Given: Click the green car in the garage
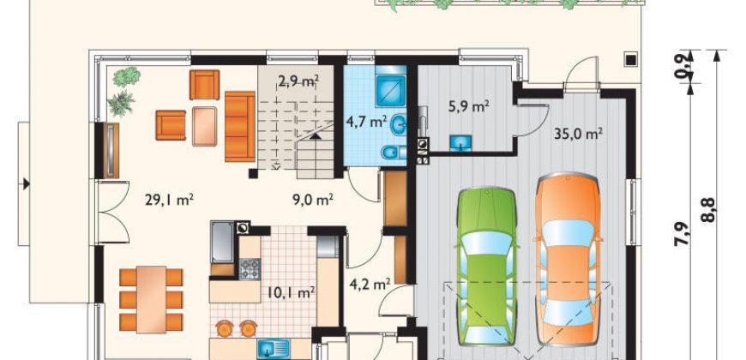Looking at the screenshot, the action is (487, 266).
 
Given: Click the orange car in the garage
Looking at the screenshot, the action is (568, 259).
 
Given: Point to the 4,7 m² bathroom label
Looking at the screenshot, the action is (366, 123).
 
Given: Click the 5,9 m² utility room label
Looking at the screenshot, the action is (469, 106).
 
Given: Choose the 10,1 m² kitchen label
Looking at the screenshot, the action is (290, 292).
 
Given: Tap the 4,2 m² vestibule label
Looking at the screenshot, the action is (370, 285).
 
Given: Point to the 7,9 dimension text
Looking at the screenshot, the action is (683, 234).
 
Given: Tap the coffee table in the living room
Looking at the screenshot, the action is (205, 126).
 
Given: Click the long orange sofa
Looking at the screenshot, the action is (240, 127).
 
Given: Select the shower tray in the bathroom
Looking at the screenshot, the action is (391, 90).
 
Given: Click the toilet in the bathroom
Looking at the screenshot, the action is (394, 153).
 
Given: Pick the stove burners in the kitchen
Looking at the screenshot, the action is (250, 269).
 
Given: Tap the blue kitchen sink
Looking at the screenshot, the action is (274, 349).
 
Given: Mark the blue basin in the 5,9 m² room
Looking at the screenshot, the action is (461, 142).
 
